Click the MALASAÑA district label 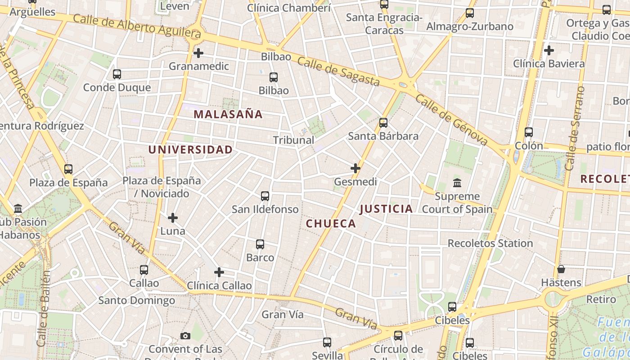pyautogui.click(x=228, y=114)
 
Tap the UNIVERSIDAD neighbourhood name pyautogui.click(x=191, y=150)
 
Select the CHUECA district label pyautogui.click(x=331, y=224)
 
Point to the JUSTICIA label pyautogui.click(x=386, y=209)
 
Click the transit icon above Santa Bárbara pyautogui.click(x=383, y=122)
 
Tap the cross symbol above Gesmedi pyautogui.click(x=355, y=168)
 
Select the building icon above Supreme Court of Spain pyautogui.click(x=457, y=183)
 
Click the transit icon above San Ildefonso pyautogui.click(x=265, y=196)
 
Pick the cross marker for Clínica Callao pyautogui.click(x=219, y=272)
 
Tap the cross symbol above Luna pyautogui.click(x=173, y=218)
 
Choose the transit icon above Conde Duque pyautogui.click(x=117, y=74)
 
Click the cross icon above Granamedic pyautogui.click(x=198, y=53)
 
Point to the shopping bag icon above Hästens pyautogui.click(x=561, y=269)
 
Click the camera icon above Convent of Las pyautogui.click(x=185, y=336)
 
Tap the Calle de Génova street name pyautogui.click(x=451, y=120)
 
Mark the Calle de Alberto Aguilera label pyautogui.click(x=137, y=26)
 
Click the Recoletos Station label pyautogui.click(x=490, y=243)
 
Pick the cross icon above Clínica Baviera pyautogui.click(x=549, y=50)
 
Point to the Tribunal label pyautogui.click(x=293, y=140)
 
